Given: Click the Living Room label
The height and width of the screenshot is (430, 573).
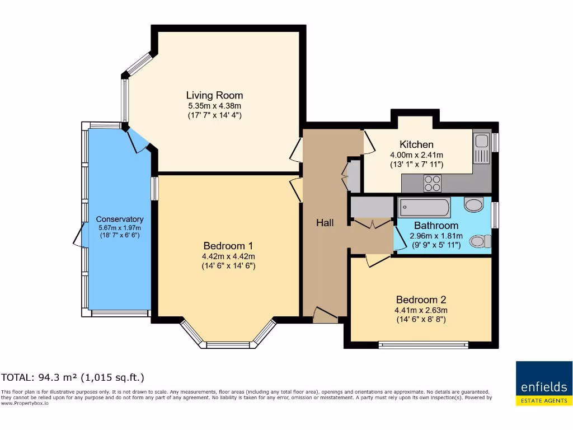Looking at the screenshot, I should pos(214,95).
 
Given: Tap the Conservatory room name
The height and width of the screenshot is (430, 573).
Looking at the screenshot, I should pos(120,219).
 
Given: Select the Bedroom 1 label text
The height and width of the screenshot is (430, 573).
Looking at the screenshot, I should pos(228,246).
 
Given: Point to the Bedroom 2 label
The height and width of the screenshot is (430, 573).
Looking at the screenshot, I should pos(421,300).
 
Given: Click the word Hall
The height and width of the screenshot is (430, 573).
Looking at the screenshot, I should pos(325,223).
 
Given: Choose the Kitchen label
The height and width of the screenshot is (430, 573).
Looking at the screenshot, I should pos(416,144).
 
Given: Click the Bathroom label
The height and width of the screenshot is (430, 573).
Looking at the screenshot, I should pos(436,226).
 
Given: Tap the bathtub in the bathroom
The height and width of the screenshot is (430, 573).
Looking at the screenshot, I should pos(424,208).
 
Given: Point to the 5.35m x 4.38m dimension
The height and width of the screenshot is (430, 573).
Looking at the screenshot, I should pos(214,105).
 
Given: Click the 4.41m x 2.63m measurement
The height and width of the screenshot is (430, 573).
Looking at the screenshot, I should pos(421,310).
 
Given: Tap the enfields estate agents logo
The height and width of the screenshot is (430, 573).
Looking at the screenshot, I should pos(544,383).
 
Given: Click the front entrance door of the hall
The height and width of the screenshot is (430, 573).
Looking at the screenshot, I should pos(325,315).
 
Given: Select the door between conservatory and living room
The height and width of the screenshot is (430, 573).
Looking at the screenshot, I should pos(137,140).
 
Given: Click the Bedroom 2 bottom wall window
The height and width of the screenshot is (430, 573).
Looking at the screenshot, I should pos(424,344).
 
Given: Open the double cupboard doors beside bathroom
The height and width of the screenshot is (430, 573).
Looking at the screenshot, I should pos(372,224).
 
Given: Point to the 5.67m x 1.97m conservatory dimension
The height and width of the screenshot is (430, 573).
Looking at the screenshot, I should pos(120,228).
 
